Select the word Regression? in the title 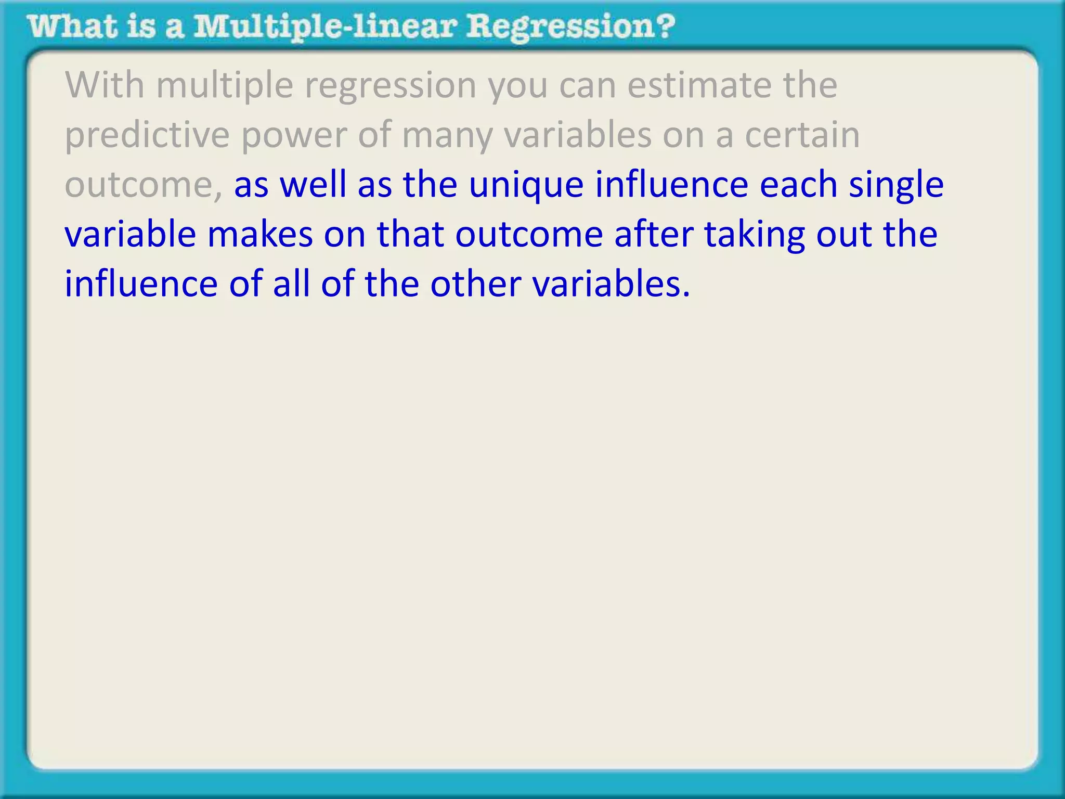570,27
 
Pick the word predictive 147,135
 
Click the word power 294,135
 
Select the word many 446,135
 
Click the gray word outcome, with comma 143,185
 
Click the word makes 260,234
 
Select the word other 475,284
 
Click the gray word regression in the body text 390,85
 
